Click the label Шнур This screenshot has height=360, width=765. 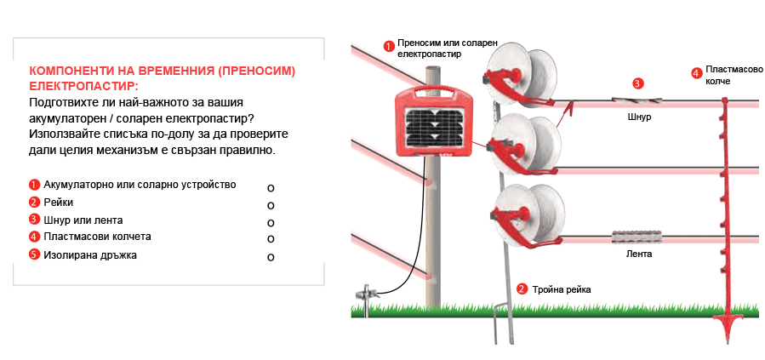pyautogui.click(x=638, y=117)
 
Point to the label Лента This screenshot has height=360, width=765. pyautogui.click(x=638, y=254)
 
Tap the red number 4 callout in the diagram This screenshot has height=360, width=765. pyautogui.click(x=696, y=73)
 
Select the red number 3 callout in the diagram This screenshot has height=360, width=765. pyautogui.click(x=637, y=83)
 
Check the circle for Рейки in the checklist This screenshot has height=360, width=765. pyautogui.click(x=271, y=205)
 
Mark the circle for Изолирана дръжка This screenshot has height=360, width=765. pyautogui.click(x=271, y=257)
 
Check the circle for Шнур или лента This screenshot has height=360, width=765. pyautogui.click(x=271, y=223)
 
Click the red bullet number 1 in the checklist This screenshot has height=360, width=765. pyautogui.click(x=34, y=185)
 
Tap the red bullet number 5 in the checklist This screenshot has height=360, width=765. pyautogui.click(x=34, y=254)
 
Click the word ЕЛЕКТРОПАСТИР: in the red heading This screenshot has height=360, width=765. pyautogui.click(x=83, y=87)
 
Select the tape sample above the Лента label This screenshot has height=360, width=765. pyautogui.click(x=638, y=234)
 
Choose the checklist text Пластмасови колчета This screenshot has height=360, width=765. pyautogui.click(x=97, y=237)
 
